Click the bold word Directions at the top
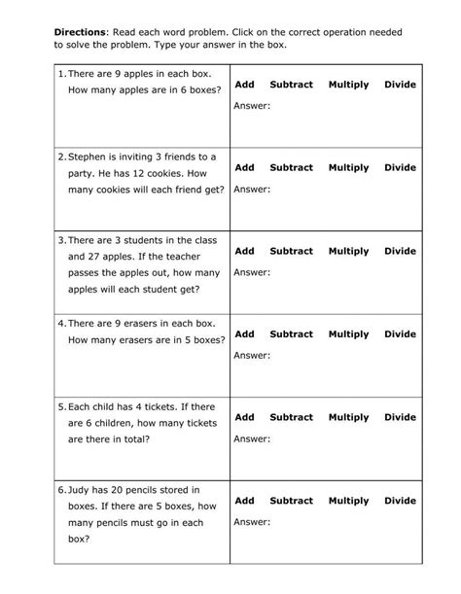[x=81, y=31]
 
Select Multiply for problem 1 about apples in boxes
[x=348, y=85]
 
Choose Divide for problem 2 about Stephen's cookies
[x=399, y=167]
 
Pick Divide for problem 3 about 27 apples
[x=399, y=251]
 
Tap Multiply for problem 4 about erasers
[x=348, y=333]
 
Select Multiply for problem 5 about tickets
[x=348, y=417]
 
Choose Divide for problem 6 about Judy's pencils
[x=399, y=501]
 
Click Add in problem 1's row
[x=244, y=85]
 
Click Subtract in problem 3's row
[x=291, y=251]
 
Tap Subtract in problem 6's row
[x=291, y=501]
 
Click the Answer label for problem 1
[x=252, y=105]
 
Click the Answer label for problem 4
[x=252, y=355]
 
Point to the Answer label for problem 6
[x=252, y=522]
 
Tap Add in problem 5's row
[x=244, y=417]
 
